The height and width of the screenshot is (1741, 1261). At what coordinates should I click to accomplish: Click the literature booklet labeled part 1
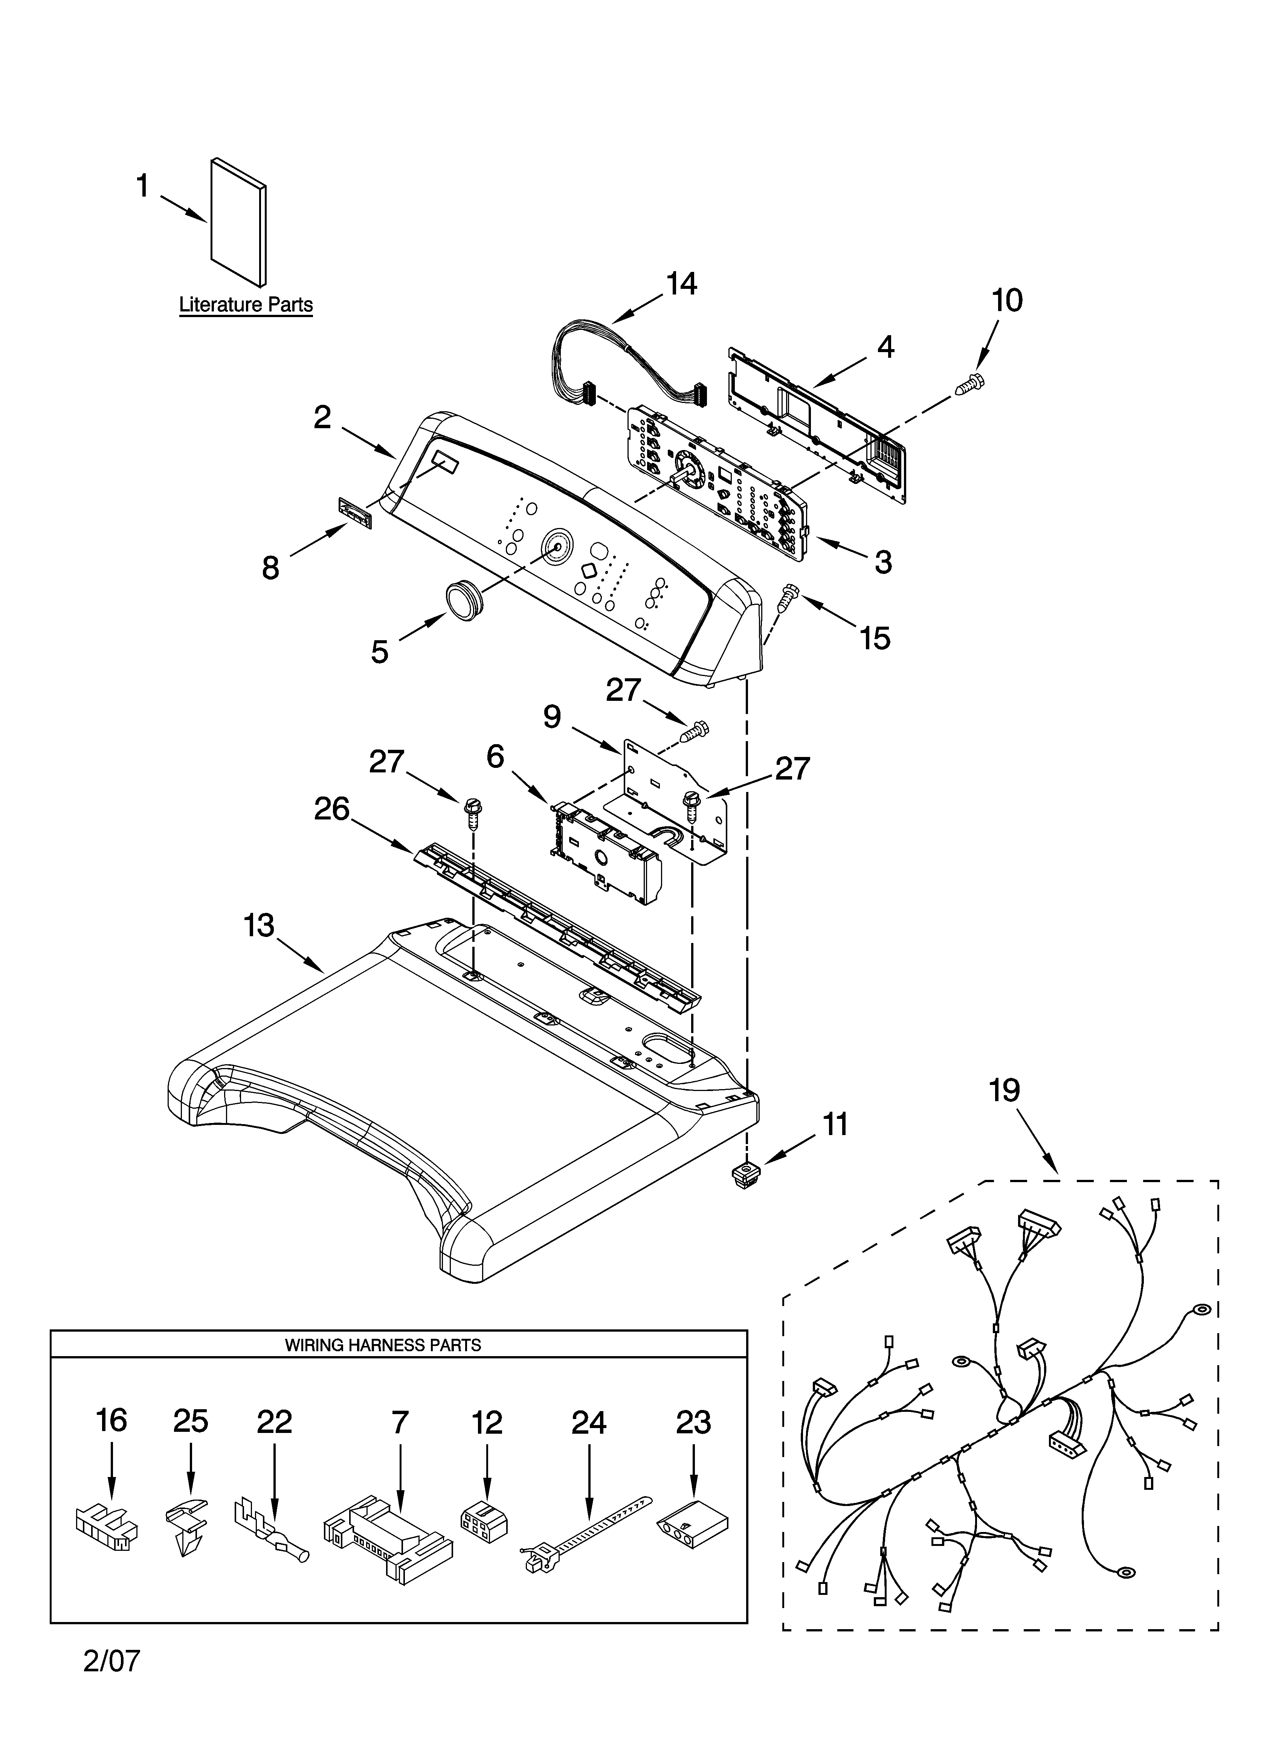[x=239, y=223]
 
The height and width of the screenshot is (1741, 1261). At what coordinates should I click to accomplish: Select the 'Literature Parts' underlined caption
[x=246, y=305]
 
